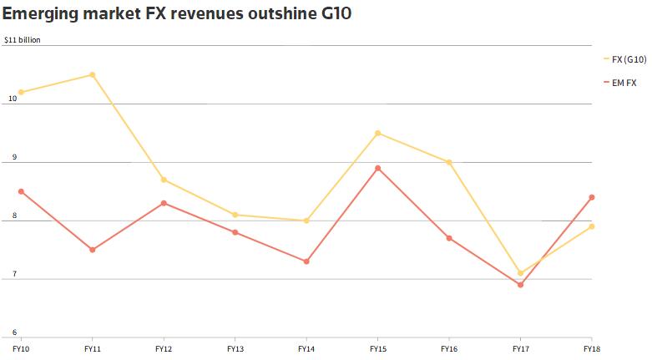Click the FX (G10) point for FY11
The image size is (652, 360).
pyautogui.click(x=93, y=74)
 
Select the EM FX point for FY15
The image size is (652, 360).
pyautogui.click(x=377, y=168)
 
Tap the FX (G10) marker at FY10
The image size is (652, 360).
pyautogui.click(x=21, y=92)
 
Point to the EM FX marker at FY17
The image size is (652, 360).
pyautogui.click(x=521, y=285)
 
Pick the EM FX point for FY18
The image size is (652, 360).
pyautogui.click(x=592, y=197)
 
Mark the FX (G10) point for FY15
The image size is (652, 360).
pyautogui.click(x=377, y=133)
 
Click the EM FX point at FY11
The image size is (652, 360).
pyautogui.click(x=93, y=250)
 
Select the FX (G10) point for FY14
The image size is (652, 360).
pyautogui.click(x=306, y=221)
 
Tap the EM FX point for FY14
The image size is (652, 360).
pyautogui.click(x=306, y=261)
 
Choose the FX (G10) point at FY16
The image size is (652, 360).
pyautogui.click(x=449, y=162)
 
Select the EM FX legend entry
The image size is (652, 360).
pyautogui.click(x=623, y=82)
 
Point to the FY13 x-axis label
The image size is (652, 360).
pyautogui.click(x=235, y=347)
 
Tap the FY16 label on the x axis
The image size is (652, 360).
pyautogui.click(x=449, y=347)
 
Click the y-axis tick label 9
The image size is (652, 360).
pyautogui.click(x=13, y=158)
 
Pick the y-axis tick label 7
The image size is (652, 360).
pyautogui.click(x=13, y=275)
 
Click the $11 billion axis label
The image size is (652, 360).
pyautogui.click(x=23, y=39)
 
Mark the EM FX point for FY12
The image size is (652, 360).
pyautogui.click(x=164, y=203)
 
